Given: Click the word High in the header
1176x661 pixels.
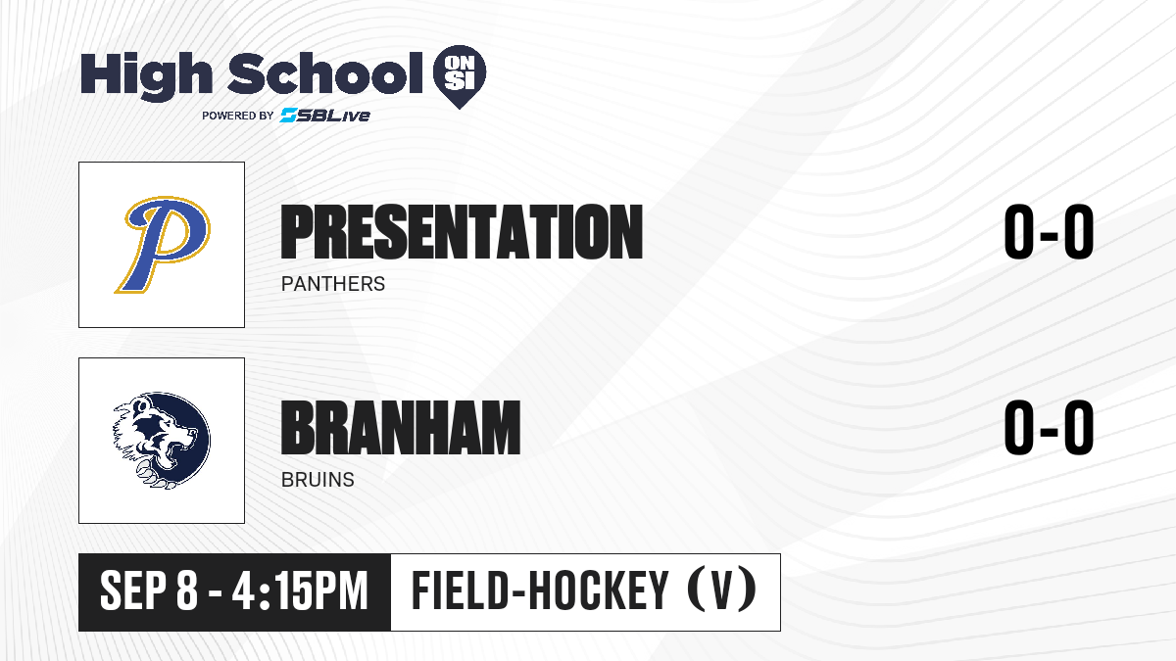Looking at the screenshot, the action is pyautogui.click(x=147, y=76).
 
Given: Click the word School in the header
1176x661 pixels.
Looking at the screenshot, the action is pyautogui.click(x=325, y=73).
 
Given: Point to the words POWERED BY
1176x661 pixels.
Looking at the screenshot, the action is pyautogui.click(x=238, y=116).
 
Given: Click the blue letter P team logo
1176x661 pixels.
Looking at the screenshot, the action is pyautogui.click(x=163, y=245).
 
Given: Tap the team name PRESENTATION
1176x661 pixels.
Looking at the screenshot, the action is pyautogui.click(x=462, y=232).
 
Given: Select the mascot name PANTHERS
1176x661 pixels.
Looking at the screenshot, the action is pyautogui.click(x=333, y=284).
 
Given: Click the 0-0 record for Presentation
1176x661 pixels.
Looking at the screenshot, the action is pyautogui.click(x=1049, y=232).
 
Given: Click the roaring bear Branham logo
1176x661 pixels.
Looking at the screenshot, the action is pyautogui.click(x=162, y=441).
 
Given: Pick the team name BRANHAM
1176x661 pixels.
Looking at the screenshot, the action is pyautogui.click(x=401, y=428).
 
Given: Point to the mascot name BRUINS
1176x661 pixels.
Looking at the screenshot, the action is pyautogui.click(x=318, y=480).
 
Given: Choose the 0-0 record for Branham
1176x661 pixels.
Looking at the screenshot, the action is pyautogui.click(x=1049, y=428).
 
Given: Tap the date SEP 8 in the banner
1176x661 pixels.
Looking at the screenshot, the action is pyautogui.click(x=149, y=591).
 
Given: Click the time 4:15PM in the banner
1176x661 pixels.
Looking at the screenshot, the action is pyautogui.click(x=300, y=591).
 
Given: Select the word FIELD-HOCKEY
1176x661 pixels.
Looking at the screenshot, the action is pyautogui.click(x=540, y=590).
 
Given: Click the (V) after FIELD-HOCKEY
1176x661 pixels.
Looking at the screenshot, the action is pyautogui.click(x=722, y=590).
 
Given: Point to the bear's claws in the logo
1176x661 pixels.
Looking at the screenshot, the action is pyautogui.click(x=153, y=474).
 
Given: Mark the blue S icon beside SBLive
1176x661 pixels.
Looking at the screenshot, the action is pyautogui.click(x=289, y=116).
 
